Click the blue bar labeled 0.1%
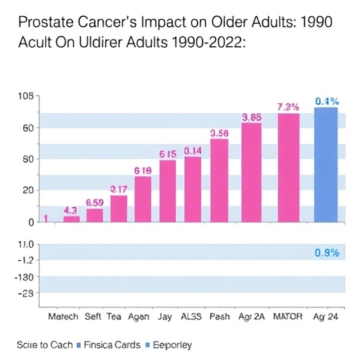(326, 165)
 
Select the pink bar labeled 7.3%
(288, 168)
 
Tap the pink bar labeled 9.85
(251, 173)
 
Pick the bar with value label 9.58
(219, 181)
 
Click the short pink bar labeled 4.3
(71, 219)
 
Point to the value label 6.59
(94, 202)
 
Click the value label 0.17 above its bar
(119, 188)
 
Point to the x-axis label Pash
(219, 316)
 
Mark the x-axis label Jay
(165, 316)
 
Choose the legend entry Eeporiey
(168, 345)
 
